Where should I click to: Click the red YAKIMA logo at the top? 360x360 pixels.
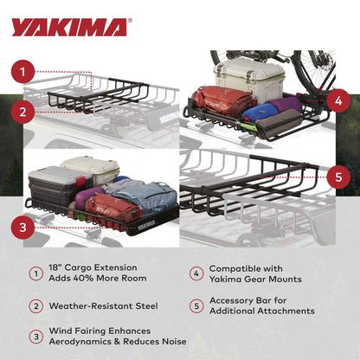point(68,27)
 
